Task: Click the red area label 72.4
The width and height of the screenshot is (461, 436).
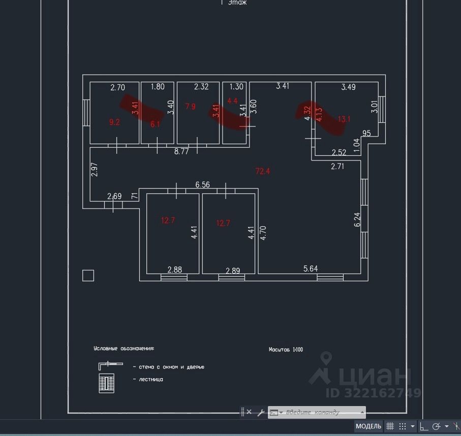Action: coord(263,172)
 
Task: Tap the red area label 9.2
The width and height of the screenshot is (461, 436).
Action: coord(114,122)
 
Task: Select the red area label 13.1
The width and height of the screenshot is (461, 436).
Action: coord(344,119)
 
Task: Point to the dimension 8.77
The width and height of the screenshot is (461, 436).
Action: coord(181,151)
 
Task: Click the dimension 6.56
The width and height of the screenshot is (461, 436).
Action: coord(202,185)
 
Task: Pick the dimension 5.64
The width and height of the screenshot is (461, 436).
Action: coord(310,269)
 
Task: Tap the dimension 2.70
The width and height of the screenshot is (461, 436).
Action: coord(117,87)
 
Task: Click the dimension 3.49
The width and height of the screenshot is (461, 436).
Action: coord(348,87)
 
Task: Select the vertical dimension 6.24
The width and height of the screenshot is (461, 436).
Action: coord(357,219)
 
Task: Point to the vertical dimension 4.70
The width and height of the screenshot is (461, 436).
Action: coord(263,232)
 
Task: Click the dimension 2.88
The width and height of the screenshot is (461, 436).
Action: coord(174,270)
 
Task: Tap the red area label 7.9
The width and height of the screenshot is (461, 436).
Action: coord(190,107)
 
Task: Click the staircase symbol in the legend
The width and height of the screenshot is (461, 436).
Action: coord(106,383)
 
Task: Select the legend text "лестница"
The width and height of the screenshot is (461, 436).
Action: coord(147,379)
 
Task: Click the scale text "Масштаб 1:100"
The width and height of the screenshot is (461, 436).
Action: coord(286,350)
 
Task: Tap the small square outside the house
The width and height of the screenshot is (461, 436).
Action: coord(88,276)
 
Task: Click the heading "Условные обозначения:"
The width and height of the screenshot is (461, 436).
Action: coord(124,349)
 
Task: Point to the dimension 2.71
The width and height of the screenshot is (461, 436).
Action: coord(337,166)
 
